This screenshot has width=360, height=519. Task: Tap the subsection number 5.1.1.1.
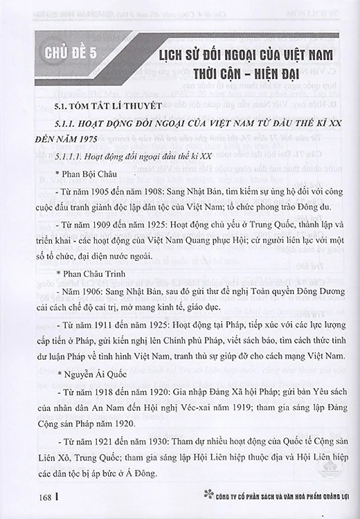72,154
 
